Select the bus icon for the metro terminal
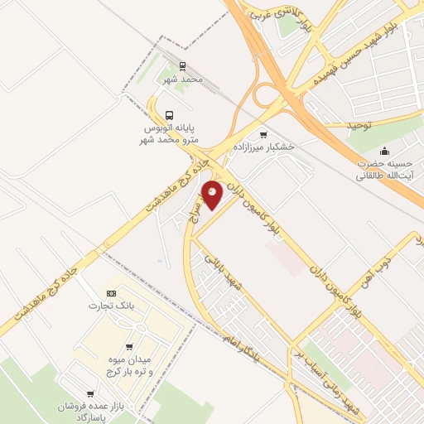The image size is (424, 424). point(170,116)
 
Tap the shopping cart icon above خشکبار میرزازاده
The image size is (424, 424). point(263,135)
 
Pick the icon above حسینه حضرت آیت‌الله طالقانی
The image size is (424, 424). point(384,151)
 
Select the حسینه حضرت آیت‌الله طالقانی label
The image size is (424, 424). point(384,170)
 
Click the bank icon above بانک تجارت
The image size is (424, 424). point(112,294)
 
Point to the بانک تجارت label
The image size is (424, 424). point(111,306)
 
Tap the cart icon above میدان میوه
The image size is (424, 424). point(128,346)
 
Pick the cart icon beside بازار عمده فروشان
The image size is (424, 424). point(89,393)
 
